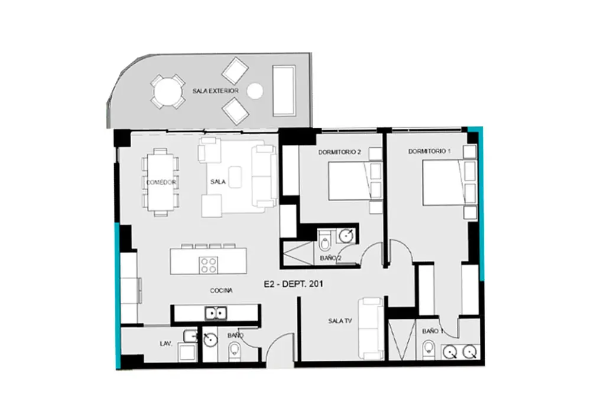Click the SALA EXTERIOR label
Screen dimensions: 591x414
pos(215,91)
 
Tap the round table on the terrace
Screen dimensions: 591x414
pos(168,92)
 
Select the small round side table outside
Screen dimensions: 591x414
pos(255,90)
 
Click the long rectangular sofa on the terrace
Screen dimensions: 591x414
pos(284,90)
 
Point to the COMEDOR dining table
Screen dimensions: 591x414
pos(161,182)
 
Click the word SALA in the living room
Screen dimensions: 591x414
pos(218,182)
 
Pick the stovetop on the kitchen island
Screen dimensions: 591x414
pos(209,265)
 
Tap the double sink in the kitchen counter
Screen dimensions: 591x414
pos(216,313)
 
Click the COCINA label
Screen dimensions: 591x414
pos(221,290)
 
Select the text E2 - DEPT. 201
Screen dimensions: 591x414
pos(293,284)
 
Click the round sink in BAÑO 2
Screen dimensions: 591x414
pos(346,235)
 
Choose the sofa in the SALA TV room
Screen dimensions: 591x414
pos(371,328)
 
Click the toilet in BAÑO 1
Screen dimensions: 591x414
pos(428,349)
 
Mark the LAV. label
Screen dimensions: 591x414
pos(166,344)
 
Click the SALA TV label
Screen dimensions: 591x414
pos(340,321)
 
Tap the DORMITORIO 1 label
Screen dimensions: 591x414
pos(429,151)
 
